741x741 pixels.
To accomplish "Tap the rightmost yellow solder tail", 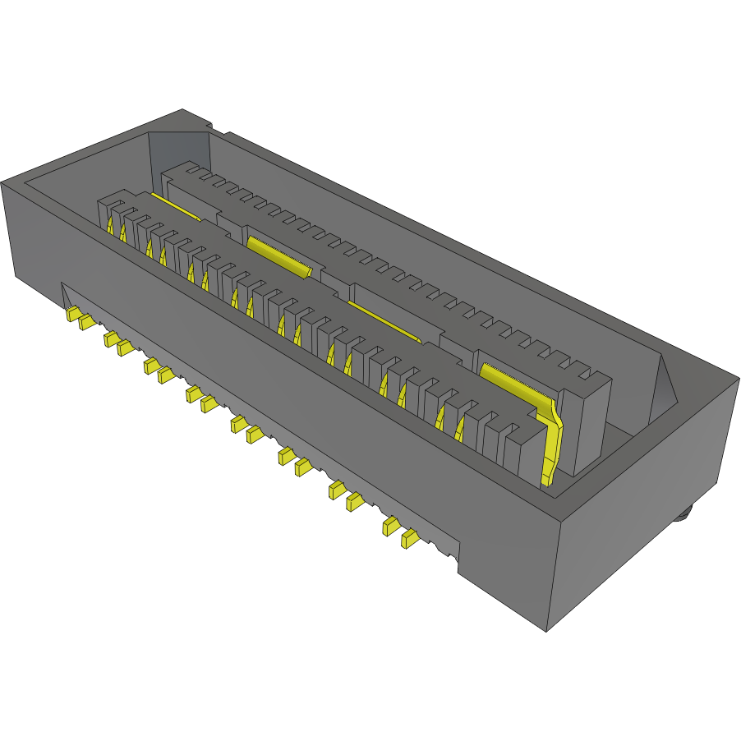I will (x=408, y=539).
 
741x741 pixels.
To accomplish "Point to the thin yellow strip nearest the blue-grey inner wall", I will (x=176, y=208).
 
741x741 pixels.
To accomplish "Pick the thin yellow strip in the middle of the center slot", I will (x=384, y=320).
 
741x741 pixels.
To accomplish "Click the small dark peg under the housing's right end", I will (x=683, y=515).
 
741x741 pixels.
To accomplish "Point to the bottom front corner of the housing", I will (x=547, y=632).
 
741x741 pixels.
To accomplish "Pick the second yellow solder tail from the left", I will (x=86, y=322).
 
